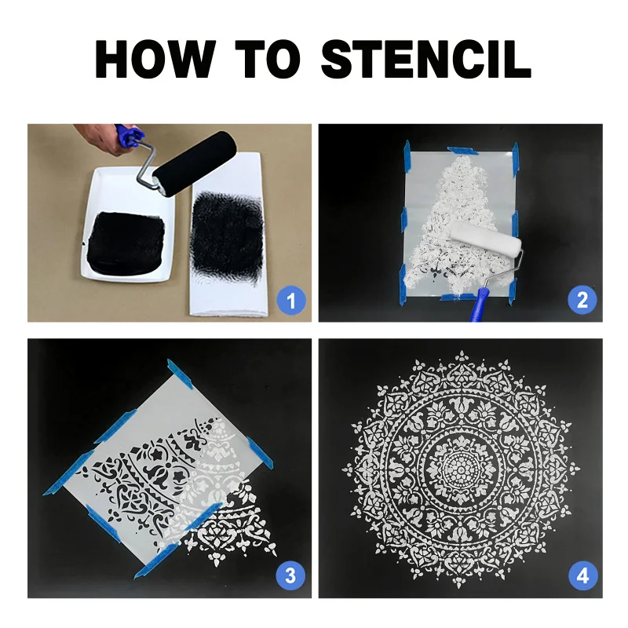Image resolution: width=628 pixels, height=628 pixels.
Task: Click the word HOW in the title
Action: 155,59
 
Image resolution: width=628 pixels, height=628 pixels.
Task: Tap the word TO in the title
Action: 268,59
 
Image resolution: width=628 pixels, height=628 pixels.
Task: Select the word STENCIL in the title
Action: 426,59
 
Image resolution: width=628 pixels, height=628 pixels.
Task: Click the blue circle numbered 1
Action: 291,301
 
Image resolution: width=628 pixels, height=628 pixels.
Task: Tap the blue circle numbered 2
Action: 582,300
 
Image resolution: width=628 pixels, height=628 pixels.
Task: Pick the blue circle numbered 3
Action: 290,576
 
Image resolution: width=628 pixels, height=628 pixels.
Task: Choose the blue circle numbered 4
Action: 583,576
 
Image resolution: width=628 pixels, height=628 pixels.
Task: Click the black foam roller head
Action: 195,163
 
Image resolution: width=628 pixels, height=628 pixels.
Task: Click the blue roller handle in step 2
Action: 479,304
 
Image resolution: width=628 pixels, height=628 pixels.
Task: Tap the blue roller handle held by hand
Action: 128,135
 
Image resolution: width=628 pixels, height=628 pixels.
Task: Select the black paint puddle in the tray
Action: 126,243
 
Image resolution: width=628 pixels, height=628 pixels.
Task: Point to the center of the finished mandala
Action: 461,468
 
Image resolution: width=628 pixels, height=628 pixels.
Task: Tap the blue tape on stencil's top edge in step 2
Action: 462,151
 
